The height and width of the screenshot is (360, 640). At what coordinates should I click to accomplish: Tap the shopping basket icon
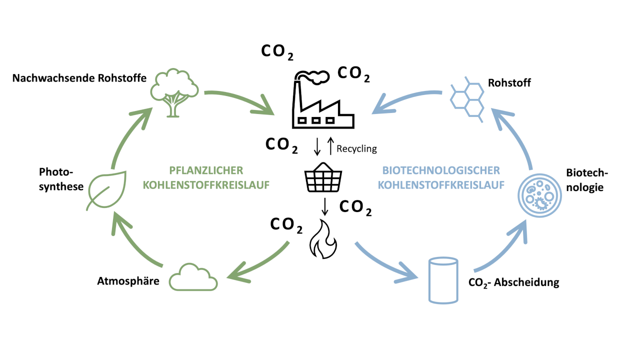[x=323, y=177]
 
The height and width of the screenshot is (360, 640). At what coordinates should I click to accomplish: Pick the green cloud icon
[x=193, y=276]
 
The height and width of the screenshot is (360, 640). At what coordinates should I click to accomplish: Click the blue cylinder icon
[x=443, y=280]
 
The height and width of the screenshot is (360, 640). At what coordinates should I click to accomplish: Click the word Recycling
[x=356, y=148]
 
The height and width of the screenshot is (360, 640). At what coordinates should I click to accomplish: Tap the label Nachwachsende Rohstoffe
[x=79, y=78]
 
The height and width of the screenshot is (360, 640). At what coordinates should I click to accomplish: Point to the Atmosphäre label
[x=128, y=281]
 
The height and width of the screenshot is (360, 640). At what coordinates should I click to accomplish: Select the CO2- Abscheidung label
[x=513, y=282]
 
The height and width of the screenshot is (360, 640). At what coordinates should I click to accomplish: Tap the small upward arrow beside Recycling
[x=329, y=146]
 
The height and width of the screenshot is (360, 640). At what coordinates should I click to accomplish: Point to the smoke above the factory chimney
[x=315, y=76]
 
